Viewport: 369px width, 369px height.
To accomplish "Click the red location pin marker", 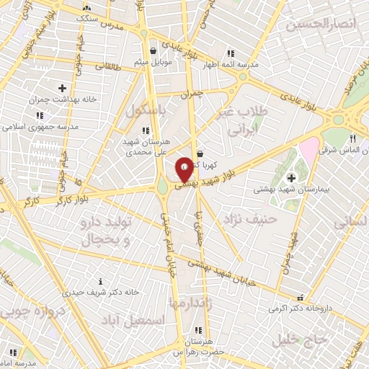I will [x=184, y=169].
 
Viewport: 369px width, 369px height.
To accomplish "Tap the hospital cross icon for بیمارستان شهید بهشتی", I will [x=291, y=178].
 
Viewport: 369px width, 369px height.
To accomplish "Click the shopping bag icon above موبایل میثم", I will [x=153, y=50].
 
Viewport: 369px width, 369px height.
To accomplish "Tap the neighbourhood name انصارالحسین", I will [x=321, y=25].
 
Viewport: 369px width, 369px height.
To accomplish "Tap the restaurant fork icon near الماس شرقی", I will [x=352, y=138].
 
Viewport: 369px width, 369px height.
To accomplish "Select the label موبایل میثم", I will [x=153, y=63].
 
